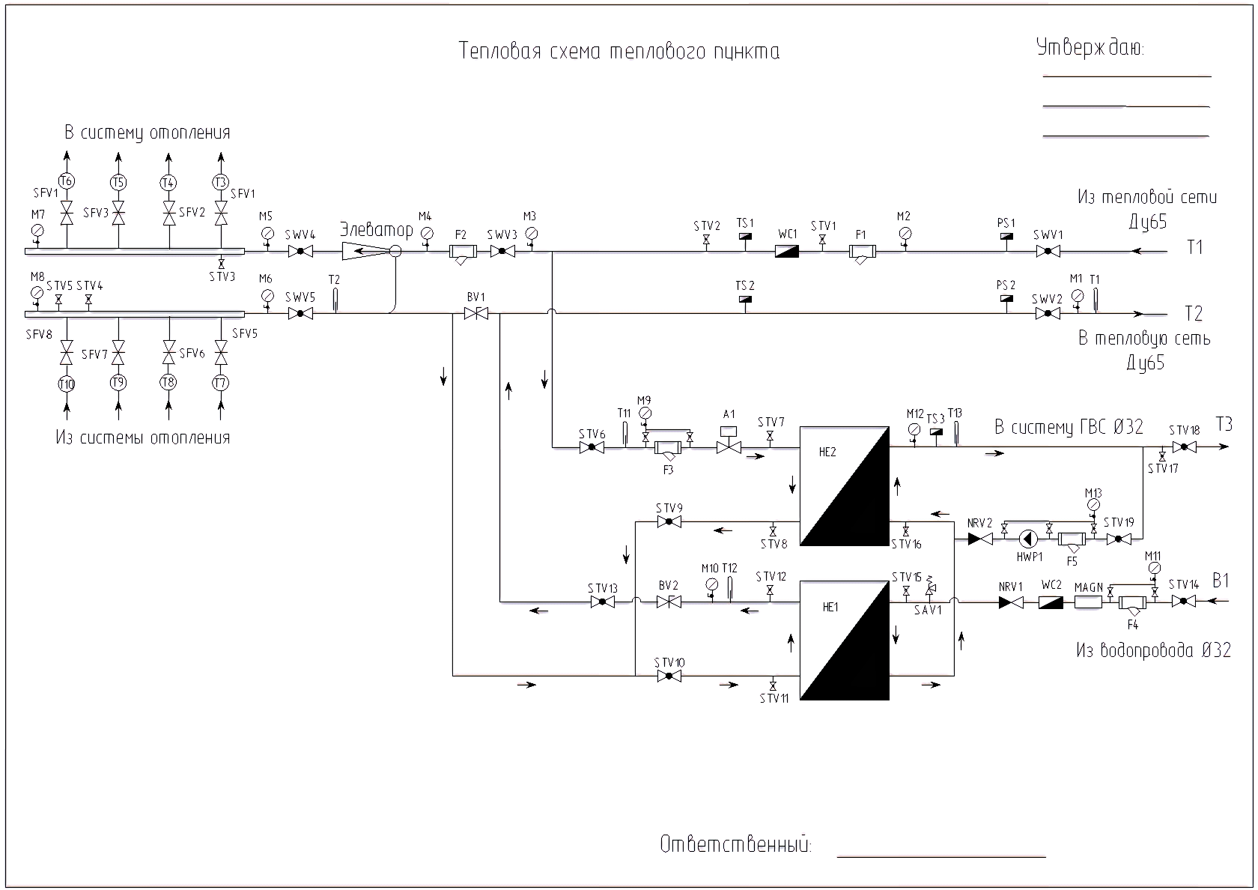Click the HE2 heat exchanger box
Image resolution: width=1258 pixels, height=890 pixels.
(x=844, y=486)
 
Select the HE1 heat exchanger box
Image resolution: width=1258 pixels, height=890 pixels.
(x=844, y=640)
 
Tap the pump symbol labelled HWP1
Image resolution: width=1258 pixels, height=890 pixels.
(x=1027, y=539)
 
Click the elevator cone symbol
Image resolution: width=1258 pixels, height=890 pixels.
(x=366, y=252)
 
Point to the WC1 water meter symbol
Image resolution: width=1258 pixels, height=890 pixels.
(x=786, y=252)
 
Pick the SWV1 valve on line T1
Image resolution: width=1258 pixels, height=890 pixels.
(x=1048, y=252)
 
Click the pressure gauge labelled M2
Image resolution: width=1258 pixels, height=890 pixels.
(x=904, y=233)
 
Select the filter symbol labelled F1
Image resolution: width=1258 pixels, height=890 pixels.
(x=861, y=253)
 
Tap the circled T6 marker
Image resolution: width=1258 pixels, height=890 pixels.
(x=67, y=181)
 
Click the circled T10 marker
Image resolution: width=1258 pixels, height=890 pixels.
(x=67, y=384)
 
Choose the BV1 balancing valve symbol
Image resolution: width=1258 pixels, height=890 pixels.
(x=476, y=314)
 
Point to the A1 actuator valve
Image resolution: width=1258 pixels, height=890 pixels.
(x=729, y=447)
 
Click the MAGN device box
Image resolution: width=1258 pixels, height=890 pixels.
(x=1088, y=602)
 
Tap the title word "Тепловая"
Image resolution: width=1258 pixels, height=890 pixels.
(x=499, y=52)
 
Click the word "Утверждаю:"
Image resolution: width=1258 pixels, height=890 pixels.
(x=1090, y=48)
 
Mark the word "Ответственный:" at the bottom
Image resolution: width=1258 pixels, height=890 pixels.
(x=735, y=845)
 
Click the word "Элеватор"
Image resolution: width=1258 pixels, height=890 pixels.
(x=376, y=229)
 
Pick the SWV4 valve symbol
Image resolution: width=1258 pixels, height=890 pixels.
(x=300, y=252)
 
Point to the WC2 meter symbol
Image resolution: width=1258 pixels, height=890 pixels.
(x=1051, y=602)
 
